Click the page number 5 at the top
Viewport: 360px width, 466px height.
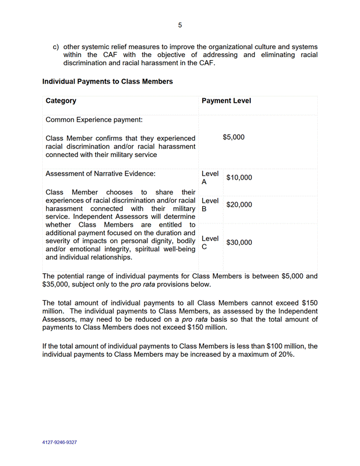[x=180, y=25]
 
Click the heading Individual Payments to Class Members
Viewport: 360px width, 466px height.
[x=107, y=81]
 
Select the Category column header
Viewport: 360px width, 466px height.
[x=61, y=100]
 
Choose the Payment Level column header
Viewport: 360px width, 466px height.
[x=226, y=100]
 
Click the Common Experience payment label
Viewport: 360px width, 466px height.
[x=94, y=120]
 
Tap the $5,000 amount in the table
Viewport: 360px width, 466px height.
[x=233, y=137]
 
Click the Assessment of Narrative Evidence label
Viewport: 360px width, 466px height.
[x=101, y=173]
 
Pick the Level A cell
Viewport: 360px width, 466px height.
[x=209, y=177]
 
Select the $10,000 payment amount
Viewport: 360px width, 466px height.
[x=239, y=178]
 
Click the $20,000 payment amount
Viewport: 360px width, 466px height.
[x=239, y=204]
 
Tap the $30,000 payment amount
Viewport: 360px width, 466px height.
[x=239, y=243]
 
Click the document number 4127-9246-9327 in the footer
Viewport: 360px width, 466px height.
[x=60, y=442]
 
